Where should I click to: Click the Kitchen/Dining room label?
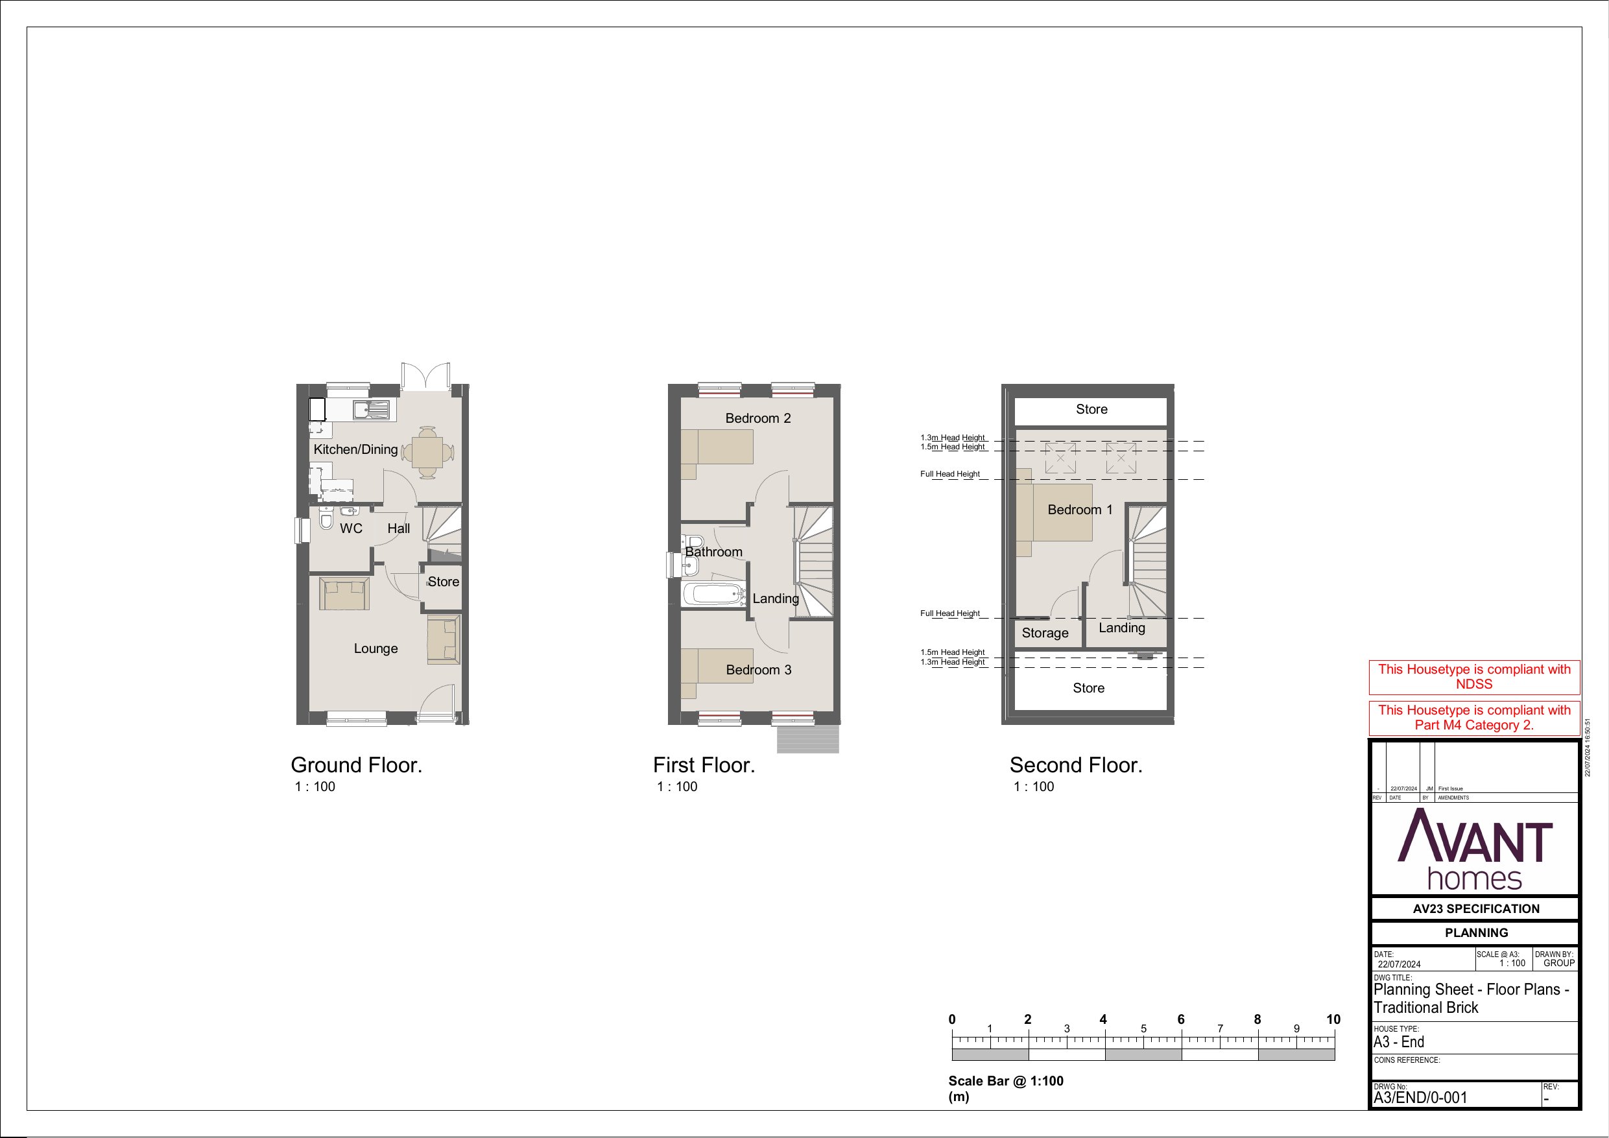355,450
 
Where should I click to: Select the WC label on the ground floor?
351,528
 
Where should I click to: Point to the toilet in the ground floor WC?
326,520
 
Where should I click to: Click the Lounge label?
375,649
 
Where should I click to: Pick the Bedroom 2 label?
758,418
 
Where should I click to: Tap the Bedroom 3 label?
759,670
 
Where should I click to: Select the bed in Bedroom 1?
1054,512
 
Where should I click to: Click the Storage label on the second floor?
1045,634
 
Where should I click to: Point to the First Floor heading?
704,765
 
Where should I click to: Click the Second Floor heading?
1077,765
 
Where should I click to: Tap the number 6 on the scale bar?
1181,1019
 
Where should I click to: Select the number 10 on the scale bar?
1333,1019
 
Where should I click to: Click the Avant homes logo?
1475,850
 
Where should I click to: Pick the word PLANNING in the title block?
1476,932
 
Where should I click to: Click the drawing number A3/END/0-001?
1420,1098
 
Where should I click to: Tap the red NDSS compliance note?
1475,677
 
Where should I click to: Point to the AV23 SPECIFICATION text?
1476,909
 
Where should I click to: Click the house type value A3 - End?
1399,1042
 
